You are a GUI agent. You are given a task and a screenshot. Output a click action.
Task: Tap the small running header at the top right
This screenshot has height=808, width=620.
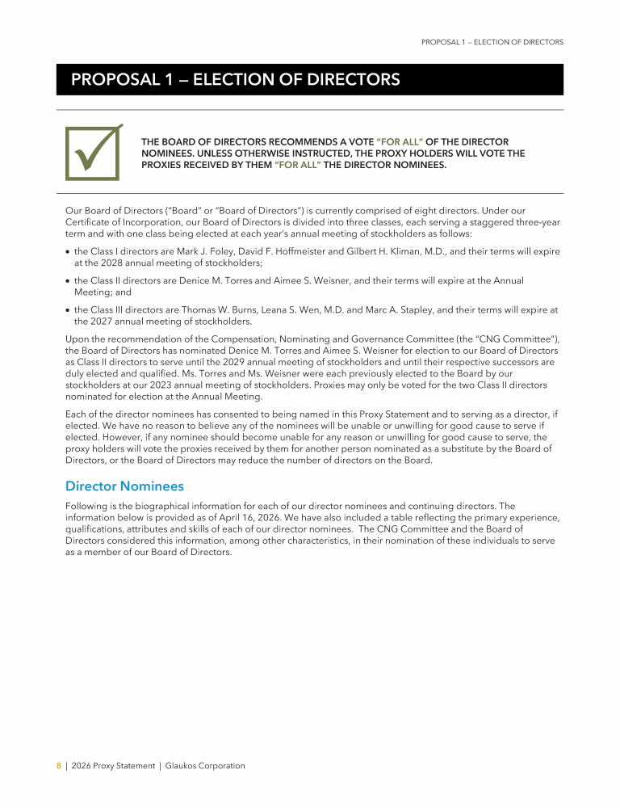point(492,42)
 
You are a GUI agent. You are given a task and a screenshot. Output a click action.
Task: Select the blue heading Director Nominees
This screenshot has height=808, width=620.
point(124,486)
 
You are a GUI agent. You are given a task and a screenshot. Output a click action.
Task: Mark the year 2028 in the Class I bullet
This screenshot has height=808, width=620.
point(98,263)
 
